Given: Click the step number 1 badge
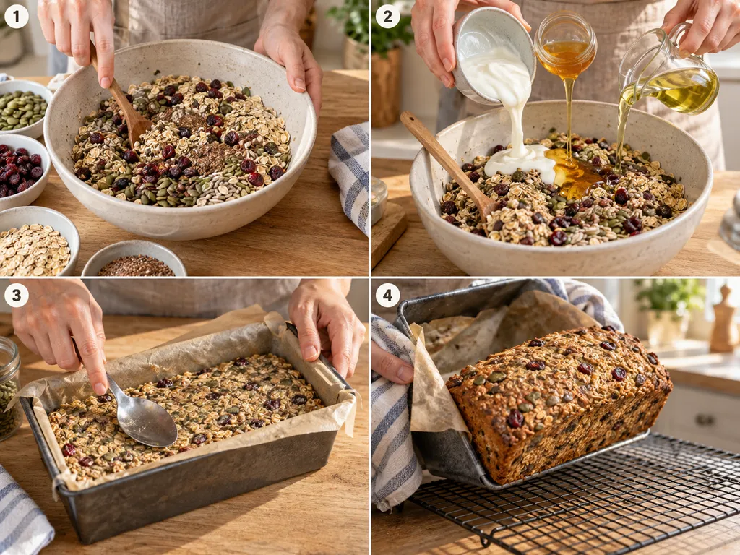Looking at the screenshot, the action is [17, 17].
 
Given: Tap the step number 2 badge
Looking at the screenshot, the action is [387, 17].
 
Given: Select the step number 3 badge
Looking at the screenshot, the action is [17, 296].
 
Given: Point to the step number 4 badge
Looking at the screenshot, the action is [387, 296].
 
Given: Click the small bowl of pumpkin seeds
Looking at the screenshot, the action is [22, 108].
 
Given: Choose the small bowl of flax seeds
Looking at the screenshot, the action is [134, 259].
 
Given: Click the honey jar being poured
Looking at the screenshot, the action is [565, 45].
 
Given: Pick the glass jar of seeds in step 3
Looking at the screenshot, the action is [9, 388].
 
